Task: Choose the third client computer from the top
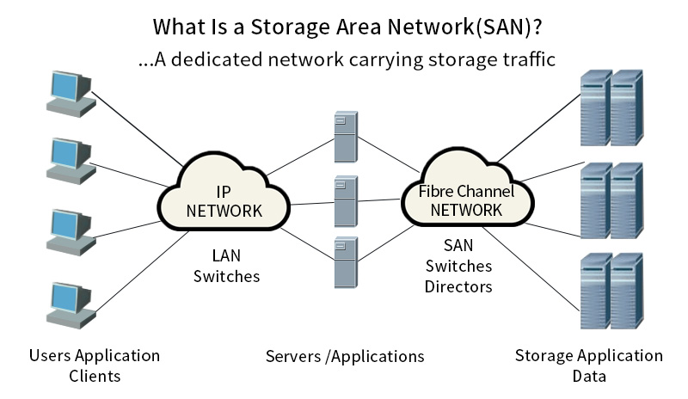(x=70, y=230)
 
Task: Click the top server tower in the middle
(x=345, y=136)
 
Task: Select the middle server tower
(x=345, y=202)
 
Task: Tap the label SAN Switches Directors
(x=458, y=266)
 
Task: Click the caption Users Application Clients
(x=95, y=365)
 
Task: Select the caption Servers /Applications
(x=345, y=356)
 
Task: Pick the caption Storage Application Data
(x=588, y=365)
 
